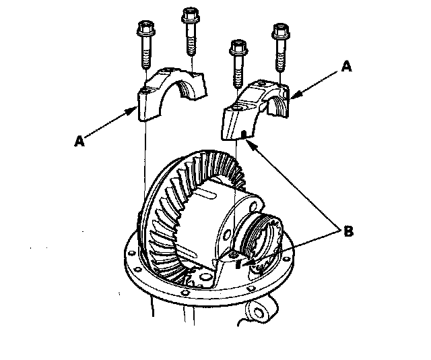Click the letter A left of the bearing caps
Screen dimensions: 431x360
coord(79,142)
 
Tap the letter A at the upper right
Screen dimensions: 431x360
coord(346,67)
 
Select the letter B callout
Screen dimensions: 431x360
coord(347,231)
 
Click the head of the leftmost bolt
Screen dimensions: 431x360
coord(144,29)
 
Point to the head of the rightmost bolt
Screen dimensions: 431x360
coord(279,31)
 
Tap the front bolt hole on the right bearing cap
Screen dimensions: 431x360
coord(237,107)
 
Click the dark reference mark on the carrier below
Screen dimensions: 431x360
coord(237,265)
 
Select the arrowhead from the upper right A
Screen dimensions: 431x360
coord(290,99)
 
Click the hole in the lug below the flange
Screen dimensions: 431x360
coord(257,312)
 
